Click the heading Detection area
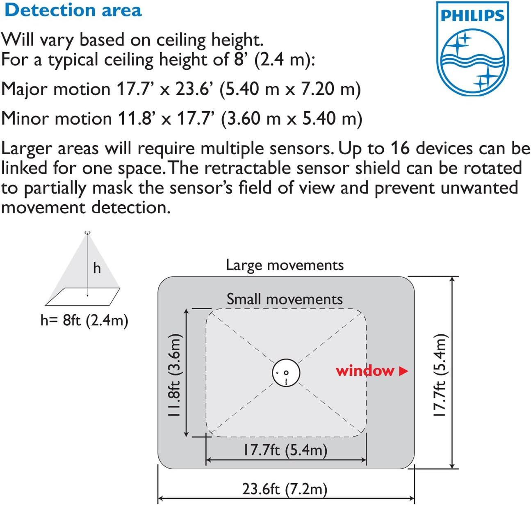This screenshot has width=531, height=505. point(73,10)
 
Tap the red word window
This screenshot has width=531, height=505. point(365,371)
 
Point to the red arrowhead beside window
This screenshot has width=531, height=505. point(403,371)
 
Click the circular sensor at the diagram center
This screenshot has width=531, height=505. point(286,373)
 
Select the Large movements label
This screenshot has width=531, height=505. point(285,265)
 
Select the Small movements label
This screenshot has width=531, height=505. point(285,299)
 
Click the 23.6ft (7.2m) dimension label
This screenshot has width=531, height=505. point(285,489)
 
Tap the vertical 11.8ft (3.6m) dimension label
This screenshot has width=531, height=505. point(174,375)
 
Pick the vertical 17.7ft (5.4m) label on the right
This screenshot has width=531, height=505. point(440,375)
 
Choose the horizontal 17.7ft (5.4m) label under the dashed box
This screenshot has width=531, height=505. point(285,450)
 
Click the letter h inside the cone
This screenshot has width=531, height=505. point(97,268)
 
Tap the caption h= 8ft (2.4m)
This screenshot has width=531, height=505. point(84,320)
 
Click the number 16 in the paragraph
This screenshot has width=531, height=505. point(400,148)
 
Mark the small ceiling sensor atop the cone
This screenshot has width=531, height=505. point(87,233)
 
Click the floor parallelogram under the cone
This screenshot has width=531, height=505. point(82,297)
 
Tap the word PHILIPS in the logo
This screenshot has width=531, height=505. point(472,16)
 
